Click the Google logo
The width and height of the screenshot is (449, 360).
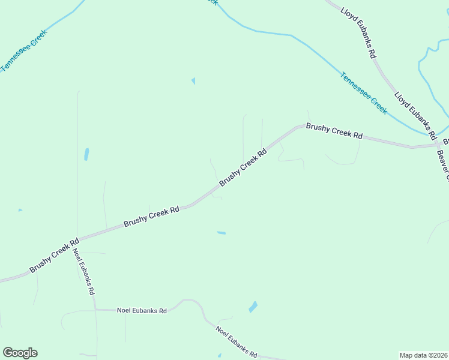(20, 353)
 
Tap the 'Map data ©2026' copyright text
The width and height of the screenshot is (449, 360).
(423, 355)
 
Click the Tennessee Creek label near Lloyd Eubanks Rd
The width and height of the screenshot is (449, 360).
(364, 94)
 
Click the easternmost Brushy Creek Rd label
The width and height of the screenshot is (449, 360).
(334, 131)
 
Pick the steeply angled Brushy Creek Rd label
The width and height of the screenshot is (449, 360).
(243, 167)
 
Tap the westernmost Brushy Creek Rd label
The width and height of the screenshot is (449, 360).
(55, 256)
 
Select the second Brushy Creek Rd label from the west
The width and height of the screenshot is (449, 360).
(152, 217)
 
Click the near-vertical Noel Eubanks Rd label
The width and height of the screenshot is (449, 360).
(84, 271)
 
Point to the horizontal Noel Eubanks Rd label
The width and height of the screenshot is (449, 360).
(142, 310)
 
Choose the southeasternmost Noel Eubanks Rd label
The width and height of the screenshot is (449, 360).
(237, 342)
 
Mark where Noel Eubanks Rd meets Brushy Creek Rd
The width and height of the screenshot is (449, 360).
(78, 239)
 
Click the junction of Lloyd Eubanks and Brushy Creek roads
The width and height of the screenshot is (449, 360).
(436, 145)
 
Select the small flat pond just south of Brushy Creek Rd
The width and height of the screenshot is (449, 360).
(221, 233)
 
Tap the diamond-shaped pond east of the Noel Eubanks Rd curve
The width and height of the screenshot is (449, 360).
(253, 307)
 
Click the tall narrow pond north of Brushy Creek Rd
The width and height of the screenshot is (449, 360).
(87, 154)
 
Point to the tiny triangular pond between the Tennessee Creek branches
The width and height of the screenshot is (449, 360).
(193, 81)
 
